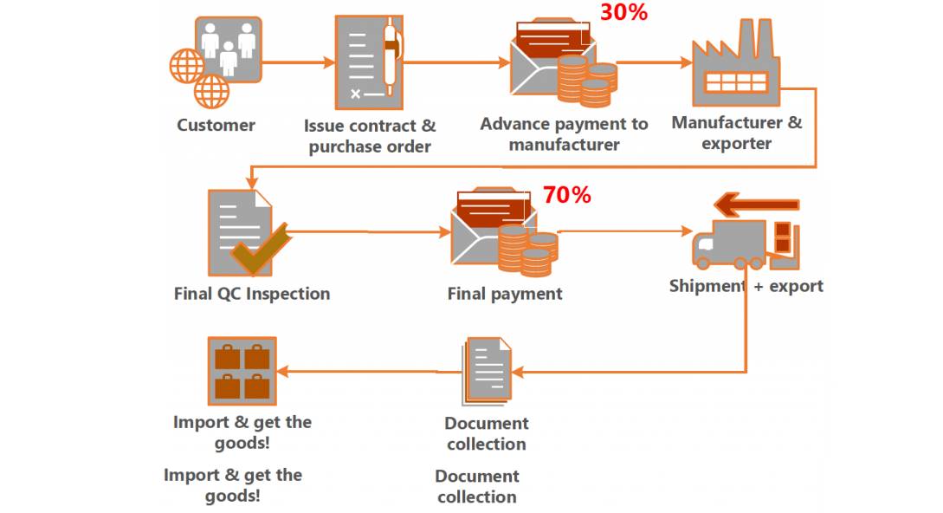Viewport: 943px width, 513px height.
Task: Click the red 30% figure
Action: tap(623, 12)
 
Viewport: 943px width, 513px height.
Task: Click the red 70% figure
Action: tap(566, 195)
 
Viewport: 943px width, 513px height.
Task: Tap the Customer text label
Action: tap(216, 125)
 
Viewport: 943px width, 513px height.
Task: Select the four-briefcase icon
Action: tap(242, 371)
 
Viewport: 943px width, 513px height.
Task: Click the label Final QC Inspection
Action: tap(251, 293)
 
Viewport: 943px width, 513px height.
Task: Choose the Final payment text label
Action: tap(504, 294)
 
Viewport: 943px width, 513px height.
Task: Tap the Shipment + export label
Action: tap(746, 285)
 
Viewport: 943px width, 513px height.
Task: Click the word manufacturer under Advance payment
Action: tap(564, 145)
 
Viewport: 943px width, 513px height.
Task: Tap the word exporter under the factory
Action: tap(736, 143)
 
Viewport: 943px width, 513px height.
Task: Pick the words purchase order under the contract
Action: tap(370, 146)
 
